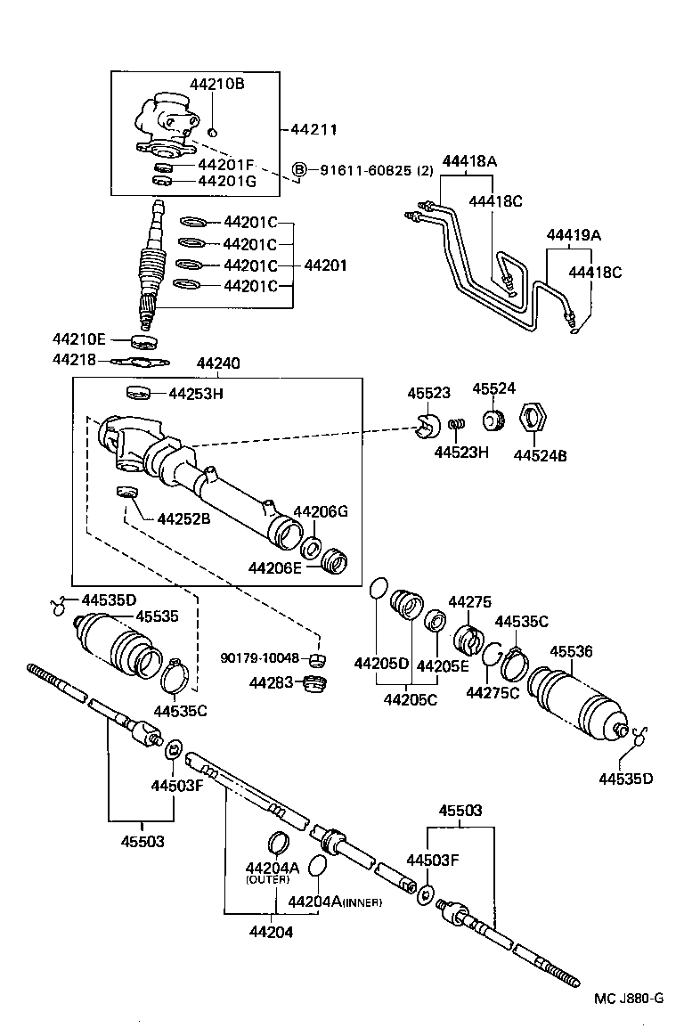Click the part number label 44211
click(x=313, y=129)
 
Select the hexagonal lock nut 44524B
click(x=533, y=419)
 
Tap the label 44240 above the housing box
click(x=216, y=364)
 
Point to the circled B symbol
click(x=300, y=170)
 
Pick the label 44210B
click(x=216, y=84)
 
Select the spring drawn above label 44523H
click(x=456, y=428)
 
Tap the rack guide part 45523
click(x=426, y=427)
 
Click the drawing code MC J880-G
click(x=629, y=998)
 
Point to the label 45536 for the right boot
click(x=571, y=651)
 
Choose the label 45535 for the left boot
click(x=157, y=616)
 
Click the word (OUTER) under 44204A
click(x=268, y=879)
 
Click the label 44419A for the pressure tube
click(x=574, y=235)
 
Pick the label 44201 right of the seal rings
click(x=326, y=265)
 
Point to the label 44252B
click(x=183, y=518)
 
